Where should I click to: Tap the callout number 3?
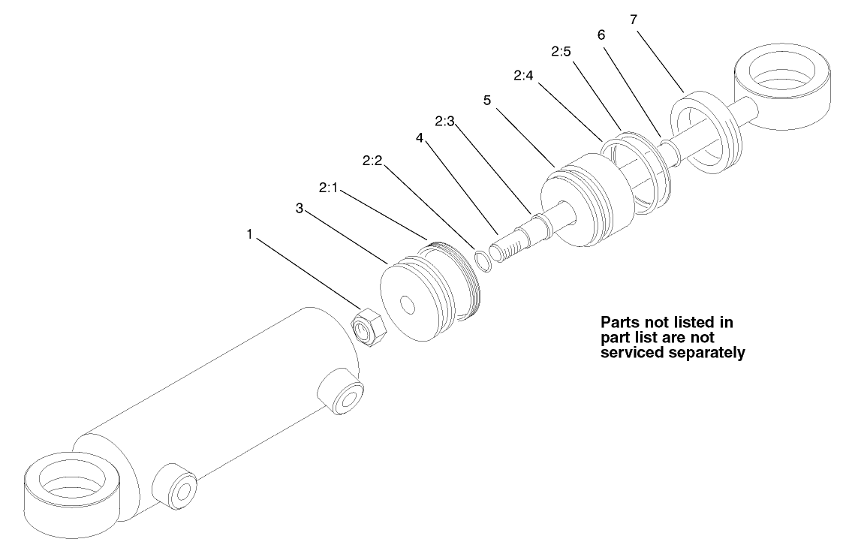(299, 209)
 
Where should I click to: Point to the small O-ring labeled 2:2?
(483, 257)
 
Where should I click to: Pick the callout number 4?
(422, 139)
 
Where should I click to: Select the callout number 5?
(487, 101)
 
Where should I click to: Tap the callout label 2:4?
(524, 76)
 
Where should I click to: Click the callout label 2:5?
(561, 52)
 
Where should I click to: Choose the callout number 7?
(634, 20)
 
